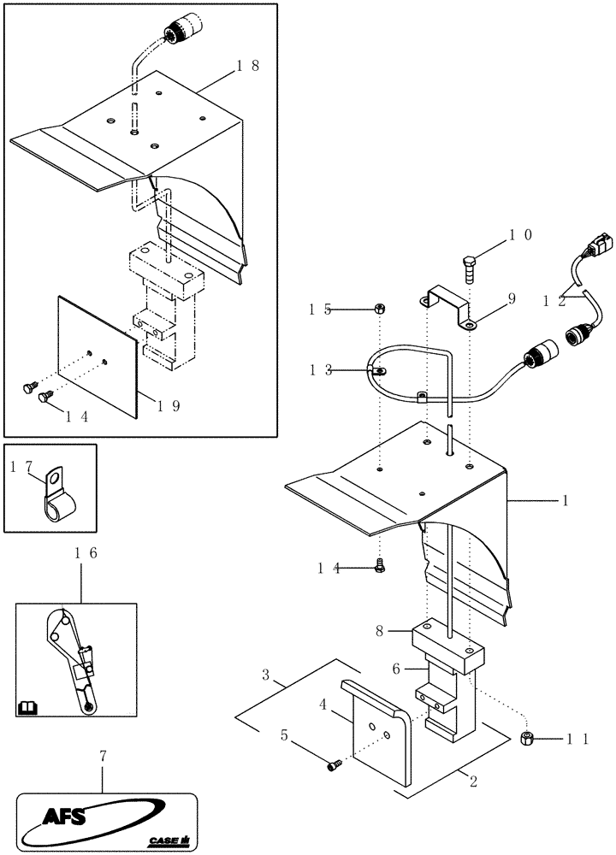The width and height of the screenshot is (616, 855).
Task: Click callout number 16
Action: pyautogui.click(x=82, y=554)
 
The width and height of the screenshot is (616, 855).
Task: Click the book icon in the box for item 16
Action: pyautogui.click(x=27, y=707)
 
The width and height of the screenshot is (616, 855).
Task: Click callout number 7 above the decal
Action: pyautogui.click(x=103, y=757)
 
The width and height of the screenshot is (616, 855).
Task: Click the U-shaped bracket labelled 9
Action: pyautogui.click(x=448, y=310)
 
